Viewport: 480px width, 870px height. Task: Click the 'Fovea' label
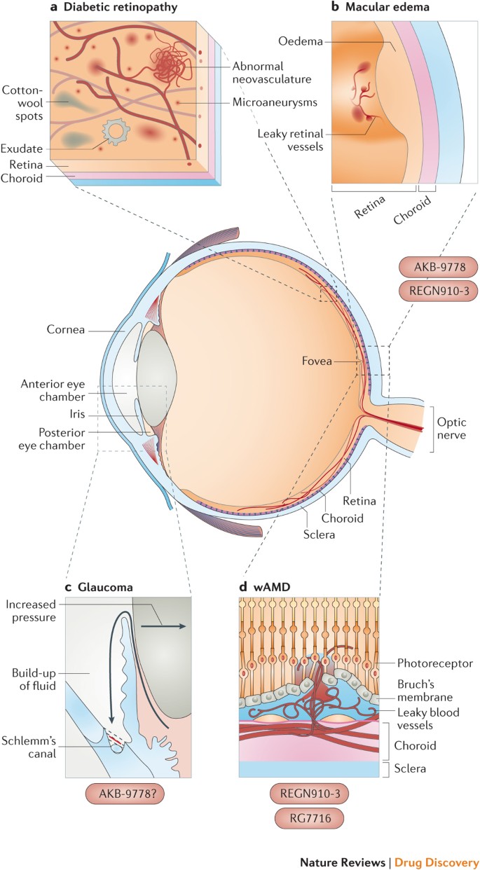click(x=313, y=361)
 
